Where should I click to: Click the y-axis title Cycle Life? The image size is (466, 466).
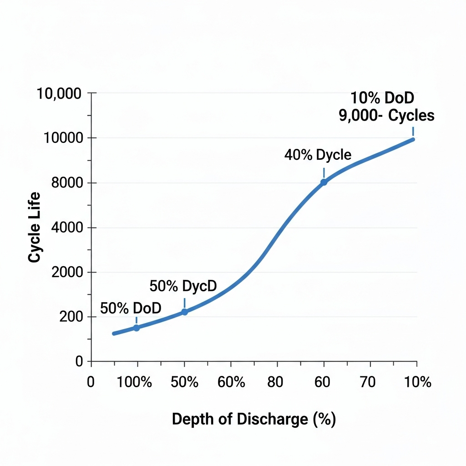tap(35, 227)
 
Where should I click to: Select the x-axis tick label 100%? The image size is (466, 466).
tap(134, 382)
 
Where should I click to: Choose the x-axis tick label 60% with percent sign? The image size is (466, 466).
tap(231, 382)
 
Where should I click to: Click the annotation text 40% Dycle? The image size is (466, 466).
tap(318, 155)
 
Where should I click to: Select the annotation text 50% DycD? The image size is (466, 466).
tap(183, 286)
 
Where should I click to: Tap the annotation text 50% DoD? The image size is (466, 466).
tap(131, 308)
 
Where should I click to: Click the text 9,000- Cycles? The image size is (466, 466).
tap(386, 116)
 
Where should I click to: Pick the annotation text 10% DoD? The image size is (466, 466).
tap(382, 98)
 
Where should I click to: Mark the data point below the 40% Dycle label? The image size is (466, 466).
tap(324, 182)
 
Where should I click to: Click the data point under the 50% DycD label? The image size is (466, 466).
tap(184, 312)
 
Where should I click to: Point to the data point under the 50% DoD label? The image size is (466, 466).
tap(136, 328)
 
